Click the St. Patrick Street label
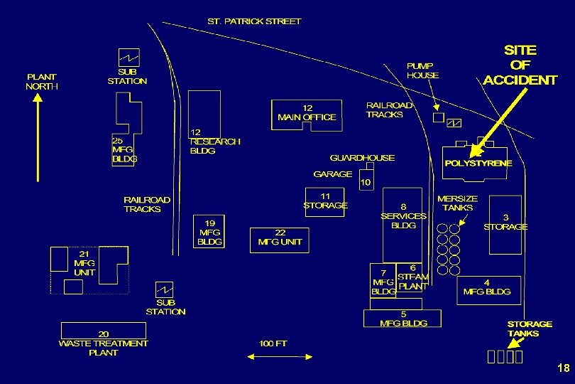(253, 21)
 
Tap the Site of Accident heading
(520, 65)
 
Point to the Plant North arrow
(38, 139)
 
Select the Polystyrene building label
(478, 164)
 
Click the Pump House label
(422, 70)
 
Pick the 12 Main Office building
(306, 114)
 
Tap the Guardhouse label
(362, 158)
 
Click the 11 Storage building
(325, 201)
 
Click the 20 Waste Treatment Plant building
(103, 331)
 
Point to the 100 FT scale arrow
(273, 356)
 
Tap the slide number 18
(563, 368)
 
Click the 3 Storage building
(505, 222)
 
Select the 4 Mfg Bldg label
(486, 287)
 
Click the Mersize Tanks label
(457, 203)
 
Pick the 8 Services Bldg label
(403, 216)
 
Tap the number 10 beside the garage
(365, 183)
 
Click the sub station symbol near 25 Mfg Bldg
(128, 56)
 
